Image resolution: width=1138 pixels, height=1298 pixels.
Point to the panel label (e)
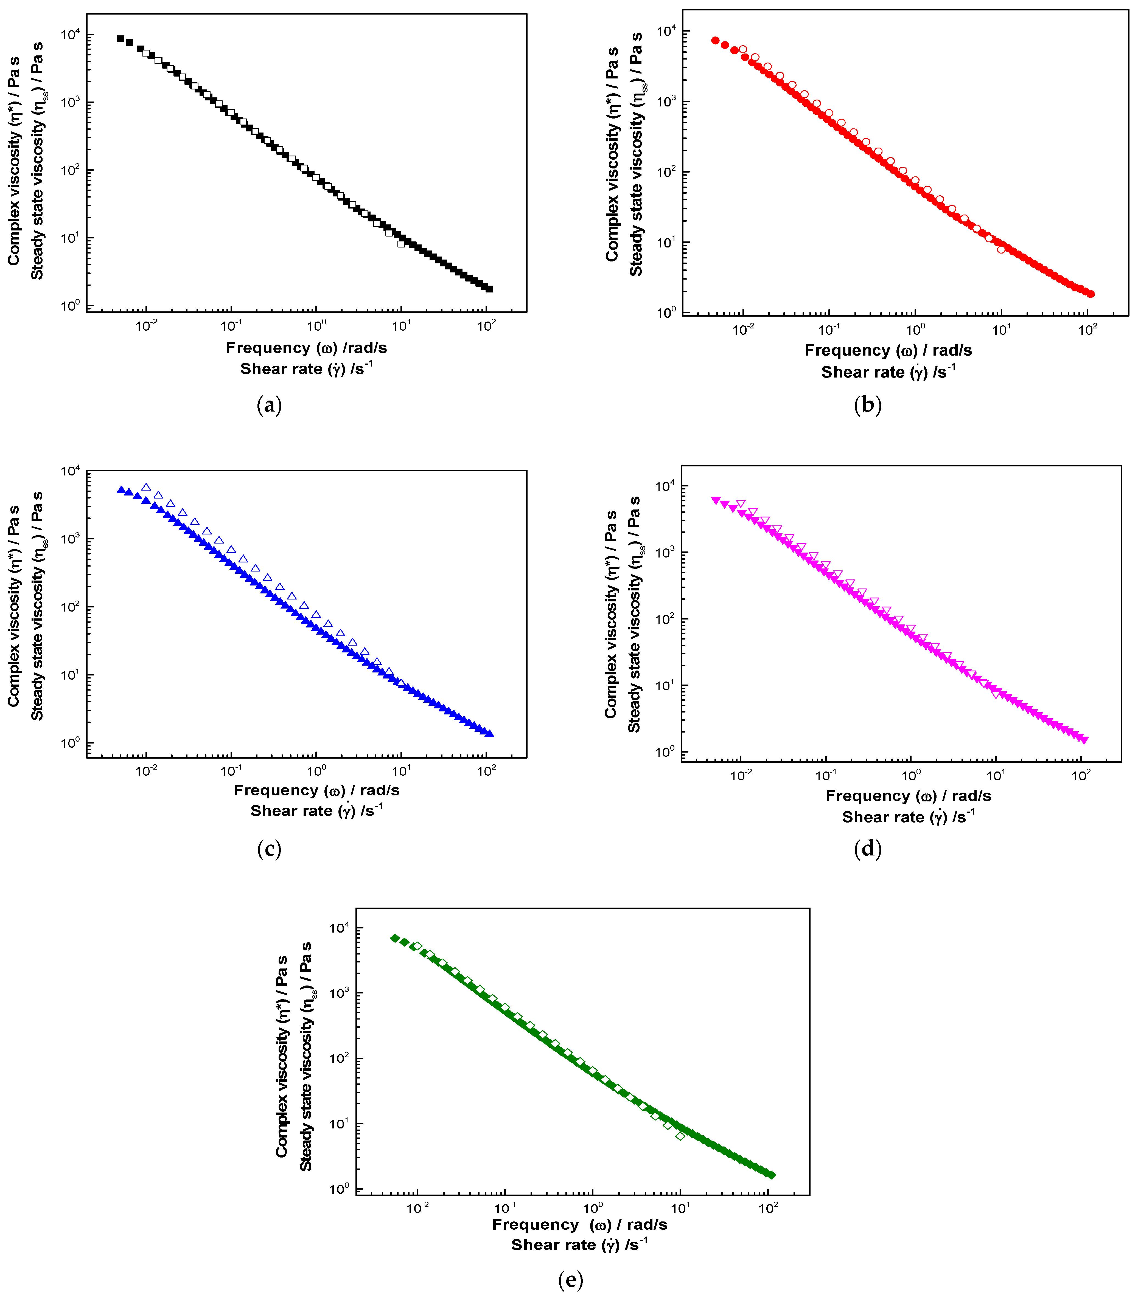pyautogui.click(x=570, y=1280)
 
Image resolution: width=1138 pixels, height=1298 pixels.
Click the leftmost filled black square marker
pyautogui.click(x=121, y=39)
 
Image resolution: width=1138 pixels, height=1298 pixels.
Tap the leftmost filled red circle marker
pyautogui.click(x=715, y=41)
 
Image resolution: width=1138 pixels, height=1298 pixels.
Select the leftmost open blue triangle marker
pyautogui.click(x=146, y=488)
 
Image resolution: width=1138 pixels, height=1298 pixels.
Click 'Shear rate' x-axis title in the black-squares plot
pyautogui.click(x=306, y=369)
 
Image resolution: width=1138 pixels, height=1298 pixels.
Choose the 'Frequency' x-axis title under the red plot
pyautogui.click(x=888, y=350)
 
